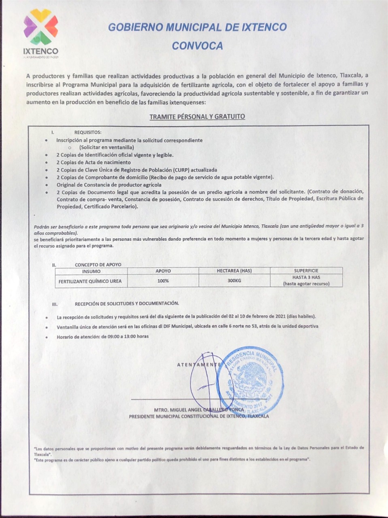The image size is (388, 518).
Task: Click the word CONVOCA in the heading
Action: [197, 46]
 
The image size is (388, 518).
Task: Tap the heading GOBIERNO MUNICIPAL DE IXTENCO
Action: [197, 27]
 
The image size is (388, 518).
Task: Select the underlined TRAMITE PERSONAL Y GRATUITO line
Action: [197, 117]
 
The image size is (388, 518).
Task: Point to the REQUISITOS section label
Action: [87, 132]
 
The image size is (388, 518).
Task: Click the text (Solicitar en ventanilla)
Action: [107, 147]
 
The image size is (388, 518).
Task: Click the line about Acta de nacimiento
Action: [94, 162]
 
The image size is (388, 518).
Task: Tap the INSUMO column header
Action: [91, 271]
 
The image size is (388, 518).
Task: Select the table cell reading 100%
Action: [163, 280]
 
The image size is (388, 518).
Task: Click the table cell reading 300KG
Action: [234, 280]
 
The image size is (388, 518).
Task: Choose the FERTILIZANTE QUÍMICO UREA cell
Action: [90, 281]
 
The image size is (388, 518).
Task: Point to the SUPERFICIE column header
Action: [306, 271]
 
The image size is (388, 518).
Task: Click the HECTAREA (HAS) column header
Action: [234, 271]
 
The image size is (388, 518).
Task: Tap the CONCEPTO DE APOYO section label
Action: [98, 265]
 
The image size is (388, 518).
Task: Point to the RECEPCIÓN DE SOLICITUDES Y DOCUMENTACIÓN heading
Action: [127, 303]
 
